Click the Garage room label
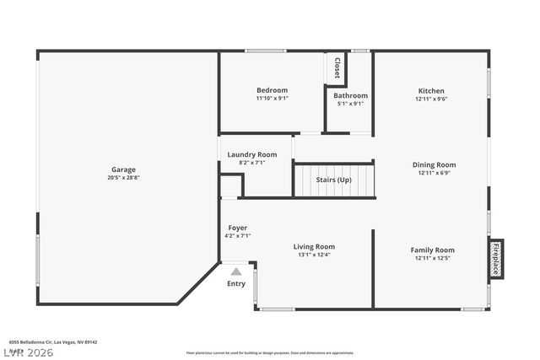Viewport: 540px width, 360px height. point(123,169)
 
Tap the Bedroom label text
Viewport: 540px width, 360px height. point(272,90)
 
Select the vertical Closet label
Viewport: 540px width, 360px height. point(337,67)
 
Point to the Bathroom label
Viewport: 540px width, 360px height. point(351,96)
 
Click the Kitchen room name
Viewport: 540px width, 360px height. point(431,90)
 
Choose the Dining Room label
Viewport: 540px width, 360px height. point(434,164)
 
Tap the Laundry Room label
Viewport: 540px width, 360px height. point(251,154)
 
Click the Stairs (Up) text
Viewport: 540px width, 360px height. point(333,180)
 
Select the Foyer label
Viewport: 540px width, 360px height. point(237,228)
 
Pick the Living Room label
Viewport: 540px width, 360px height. point(315,248)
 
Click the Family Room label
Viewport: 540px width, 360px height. point(432,250)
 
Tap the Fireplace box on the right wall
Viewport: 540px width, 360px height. point(496,259)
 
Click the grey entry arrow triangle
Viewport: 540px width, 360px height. point(236,271)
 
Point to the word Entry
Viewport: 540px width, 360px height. point(236,283)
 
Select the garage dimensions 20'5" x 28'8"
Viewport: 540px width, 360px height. point(123,178)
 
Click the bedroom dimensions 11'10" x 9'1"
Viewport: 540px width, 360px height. point(272,98)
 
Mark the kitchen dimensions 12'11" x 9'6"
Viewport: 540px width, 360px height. point(431,98)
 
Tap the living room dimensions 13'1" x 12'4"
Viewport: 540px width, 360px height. point(315,256)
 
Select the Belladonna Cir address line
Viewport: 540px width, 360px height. point(53,341)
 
